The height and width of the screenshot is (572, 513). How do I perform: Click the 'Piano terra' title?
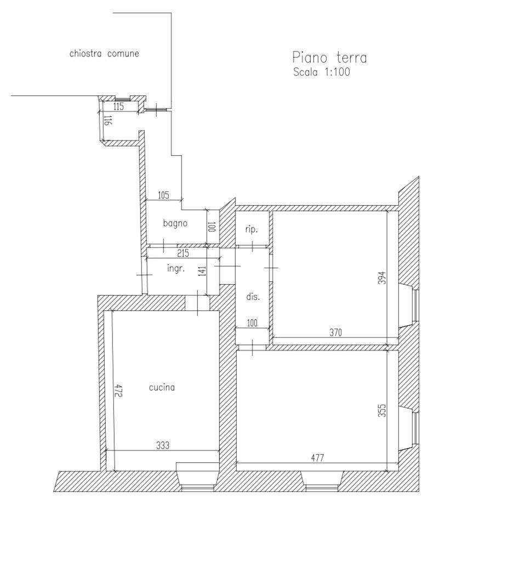point(329,58)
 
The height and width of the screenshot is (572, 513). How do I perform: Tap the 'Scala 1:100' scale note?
point(321,72)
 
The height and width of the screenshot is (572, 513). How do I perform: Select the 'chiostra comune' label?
point(104,54)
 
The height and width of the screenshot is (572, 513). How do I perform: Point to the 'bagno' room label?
point(175,223)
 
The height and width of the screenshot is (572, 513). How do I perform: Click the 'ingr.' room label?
point(176,269)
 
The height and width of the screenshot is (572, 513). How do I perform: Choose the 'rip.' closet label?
point(252,230)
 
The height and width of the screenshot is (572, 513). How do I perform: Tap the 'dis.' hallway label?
point(253,297)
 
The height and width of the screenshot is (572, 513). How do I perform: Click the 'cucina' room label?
point(162,387)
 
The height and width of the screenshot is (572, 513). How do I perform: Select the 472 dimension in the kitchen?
point(118,390)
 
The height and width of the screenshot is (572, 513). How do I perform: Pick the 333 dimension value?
point(163,445)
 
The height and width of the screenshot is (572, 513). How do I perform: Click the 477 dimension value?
point(317,457)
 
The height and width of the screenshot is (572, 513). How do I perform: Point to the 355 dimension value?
point(381,410)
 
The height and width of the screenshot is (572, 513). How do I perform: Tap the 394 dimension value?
point(381,278)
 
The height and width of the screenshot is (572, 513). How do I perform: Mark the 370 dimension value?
point(335,332)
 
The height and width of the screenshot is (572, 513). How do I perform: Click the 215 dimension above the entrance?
point(183,253)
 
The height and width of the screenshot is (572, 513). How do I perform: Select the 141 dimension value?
point(202,271)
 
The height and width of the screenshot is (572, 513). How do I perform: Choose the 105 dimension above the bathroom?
point(163,196)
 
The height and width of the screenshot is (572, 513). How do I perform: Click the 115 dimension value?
point(118,106)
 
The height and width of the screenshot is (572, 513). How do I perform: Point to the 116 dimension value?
point(107,121)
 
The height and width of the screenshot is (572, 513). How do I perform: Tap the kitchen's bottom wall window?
point(197,487)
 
